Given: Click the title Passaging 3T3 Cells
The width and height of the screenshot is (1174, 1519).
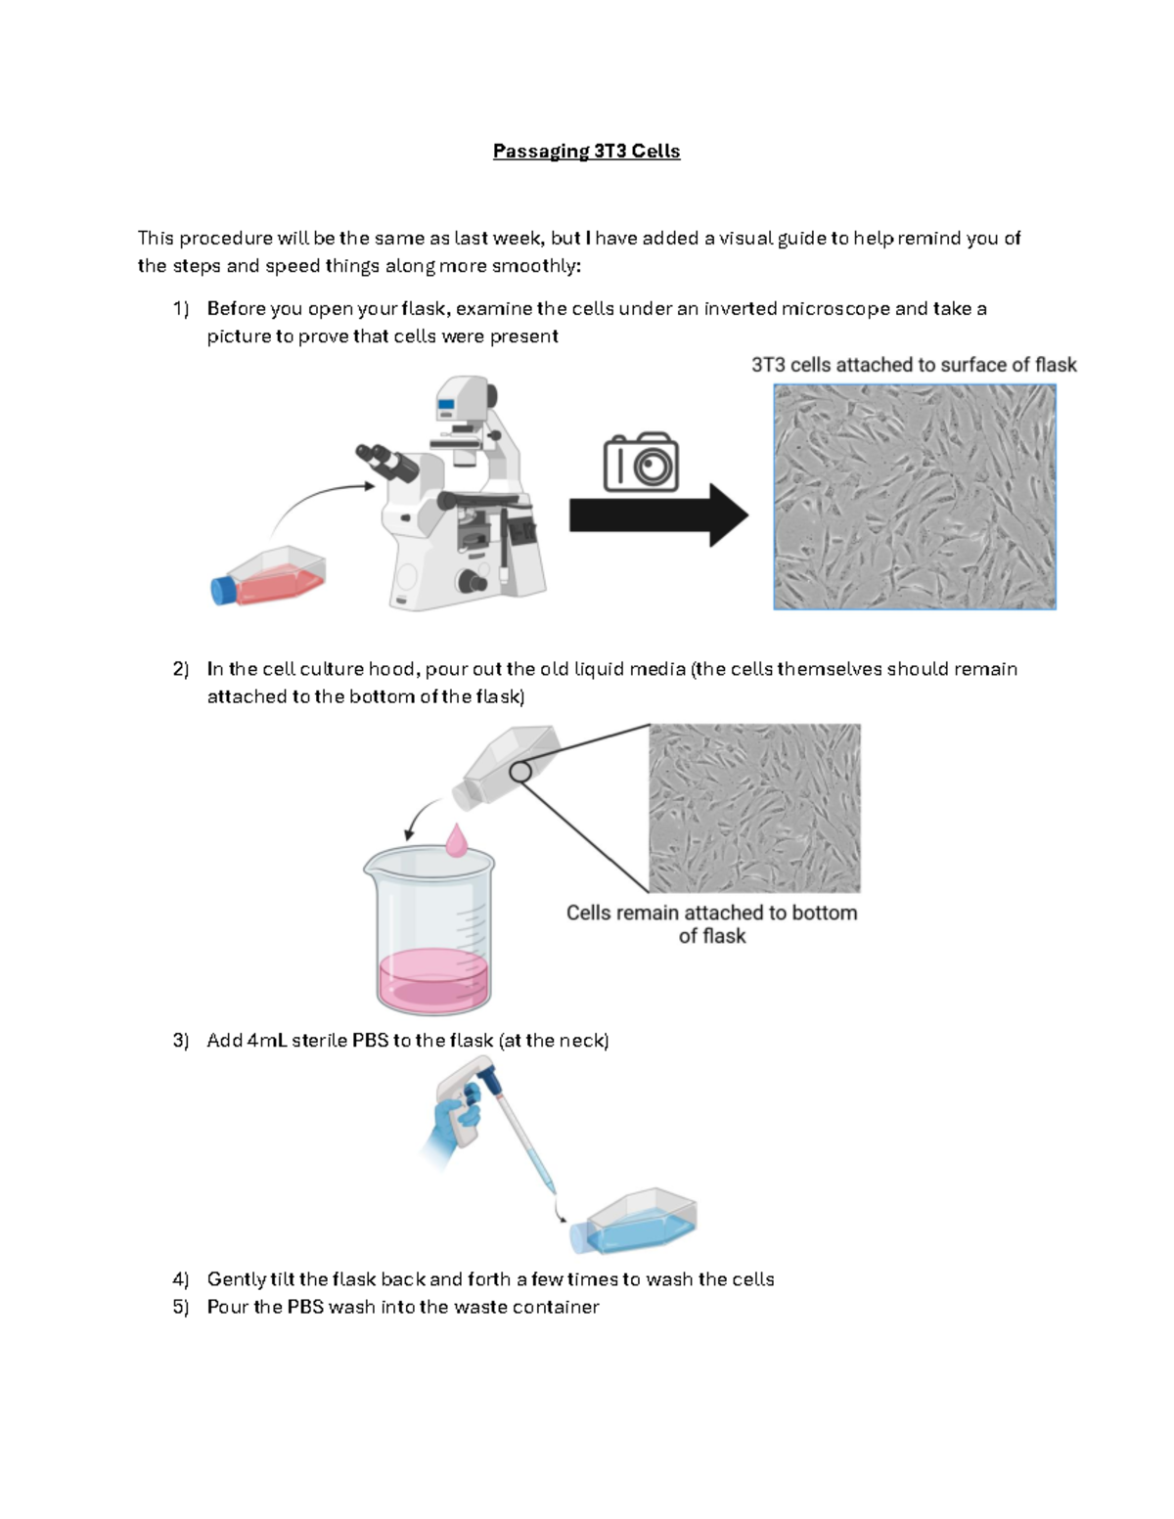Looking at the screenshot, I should click(x=586, y=151).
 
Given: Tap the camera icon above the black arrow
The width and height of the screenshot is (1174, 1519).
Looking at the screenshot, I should click(x=641, y=463).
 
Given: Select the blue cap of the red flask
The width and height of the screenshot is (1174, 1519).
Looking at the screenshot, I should click(x=223, y=590).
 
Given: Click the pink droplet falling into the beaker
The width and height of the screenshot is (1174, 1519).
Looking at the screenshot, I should click(x=456, y=840).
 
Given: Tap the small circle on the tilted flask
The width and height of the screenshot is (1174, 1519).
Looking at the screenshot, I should click(x=520, y=772).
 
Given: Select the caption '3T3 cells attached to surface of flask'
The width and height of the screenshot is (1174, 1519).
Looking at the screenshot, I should click(x=913, y=365).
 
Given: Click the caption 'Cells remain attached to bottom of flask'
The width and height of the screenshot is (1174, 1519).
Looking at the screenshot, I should click(x=711, y=923).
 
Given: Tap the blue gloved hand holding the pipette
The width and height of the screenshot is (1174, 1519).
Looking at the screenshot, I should click(x=452, y=1125).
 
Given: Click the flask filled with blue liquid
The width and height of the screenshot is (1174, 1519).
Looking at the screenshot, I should click(x=636, y=1223).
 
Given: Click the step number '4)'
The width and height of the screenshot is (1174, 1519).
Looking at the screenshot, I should click(x=180, y=1279).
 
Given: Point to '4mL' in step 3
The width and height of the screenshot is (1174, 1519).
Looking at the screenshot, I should click(x=267, y=1040).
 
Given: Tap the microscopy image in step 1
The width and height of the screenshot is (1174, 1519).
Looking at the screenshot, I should click(x=914, y=497).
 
